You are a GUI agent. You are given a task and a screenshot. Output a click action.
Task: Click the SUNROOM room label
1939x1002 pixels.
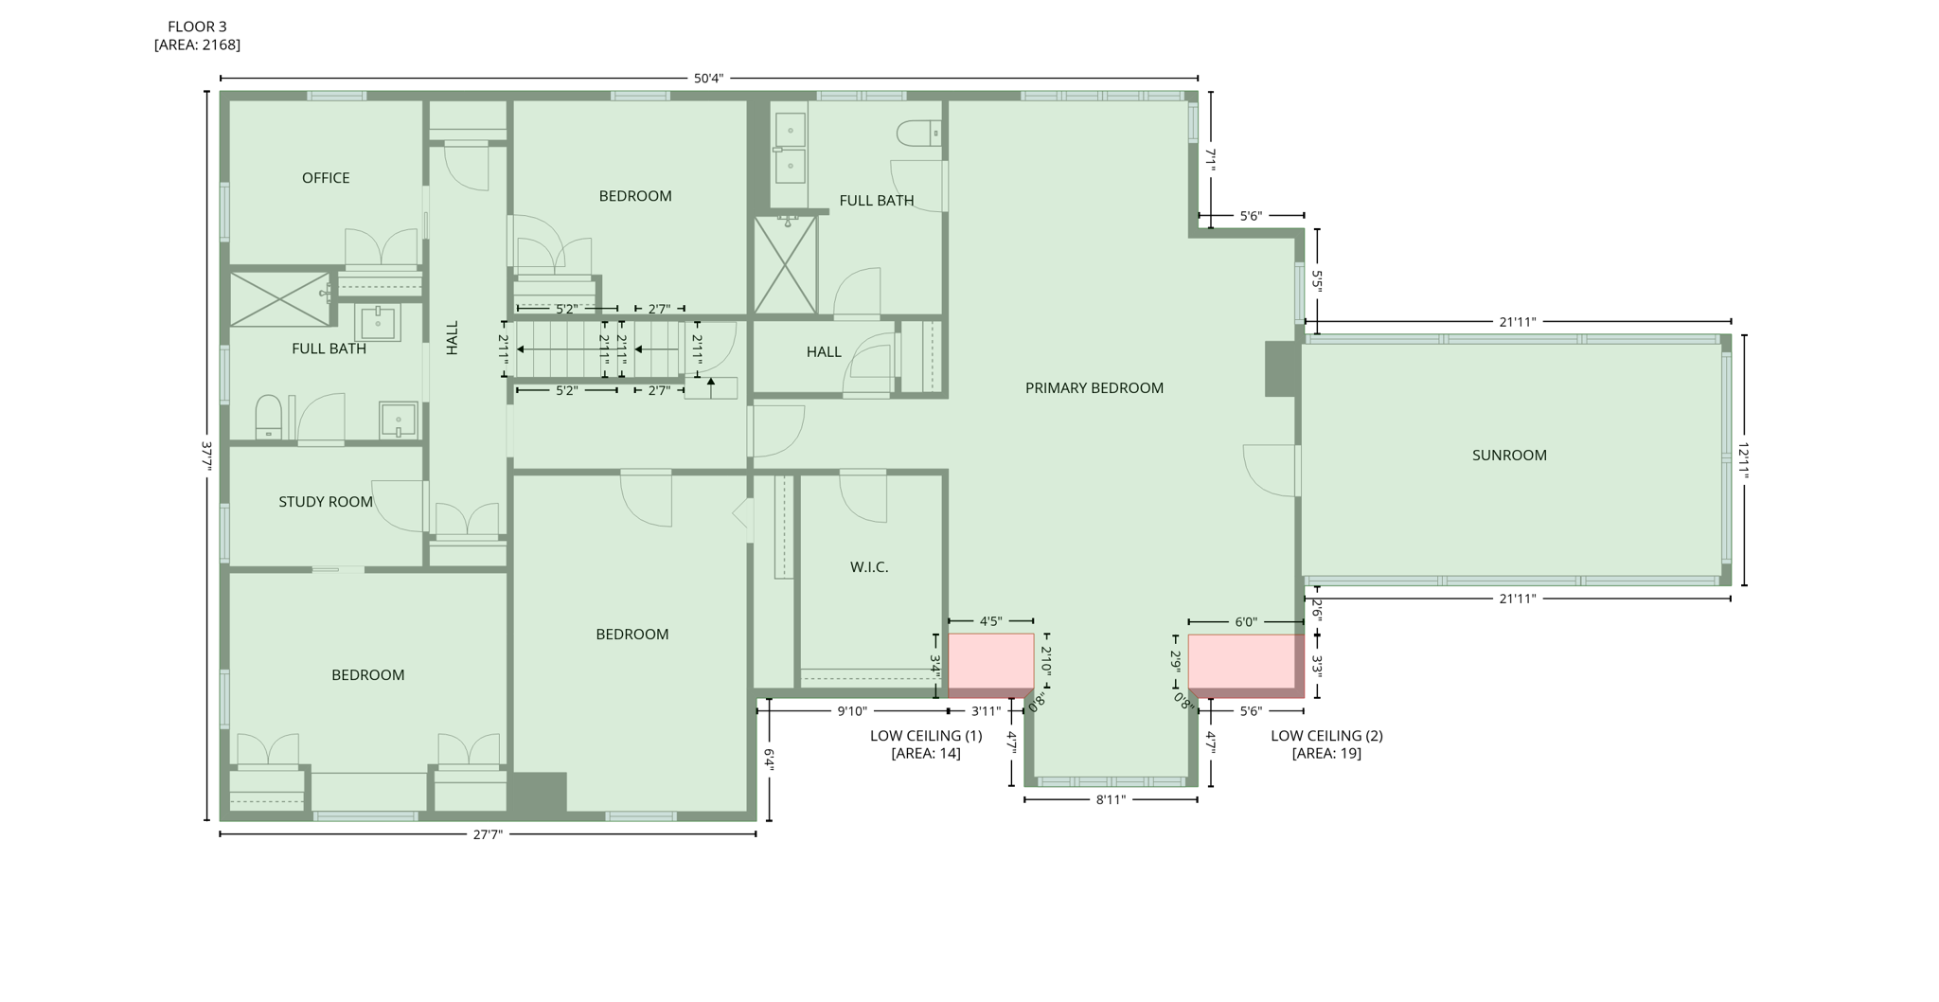[x=1508, y=456]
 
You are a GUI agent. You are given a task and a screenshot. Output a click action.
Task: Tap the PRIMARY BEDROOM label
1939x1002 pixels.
[x=1094, y=388]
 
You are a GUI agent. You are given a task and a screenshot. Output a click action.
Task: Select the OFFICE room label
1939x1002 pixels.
[x=326, y=178]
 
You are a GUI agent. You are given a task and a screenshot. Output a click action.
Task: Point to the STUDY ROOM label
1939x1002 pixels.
[x=326, y=502]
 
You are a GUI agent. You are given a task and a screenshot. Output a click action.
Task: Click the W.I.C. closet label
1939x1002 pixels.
[x=868, y=567]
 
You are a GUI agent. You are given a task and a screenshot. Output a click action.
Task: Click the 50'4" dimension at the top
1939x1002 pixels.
[x=708, y=79]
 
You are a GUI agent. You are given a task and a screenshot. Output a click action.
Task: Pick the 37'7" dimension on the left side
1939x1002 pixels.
[x=206, y=456]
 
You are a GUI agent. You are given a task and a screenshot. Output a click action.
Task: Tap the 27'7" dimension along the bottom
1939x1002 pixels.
[x=488, y=834]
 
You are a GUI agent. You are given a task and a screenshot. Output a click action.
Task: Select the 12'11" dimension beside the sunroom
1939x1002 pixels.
[x=1743, y=460]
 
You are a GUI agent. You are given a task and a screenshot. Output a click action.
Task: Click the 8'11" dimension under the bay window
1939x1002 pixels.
[x=1110, y=800]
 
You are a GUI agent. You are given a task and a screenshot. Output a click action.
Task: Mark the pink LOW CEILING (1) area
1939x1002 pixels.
[x=990, y=661]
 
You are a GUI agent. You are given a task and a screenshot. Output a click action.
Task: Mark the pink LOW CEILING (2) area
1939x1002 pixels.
[x=1244, y=662]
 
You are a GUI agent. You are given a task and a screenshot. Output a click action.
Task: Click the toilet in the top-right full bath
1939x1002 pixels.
[x=918, y=134]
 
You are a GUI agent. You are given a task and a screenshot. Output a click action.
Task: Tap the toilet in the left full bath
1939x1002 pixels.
[x=268, y=416]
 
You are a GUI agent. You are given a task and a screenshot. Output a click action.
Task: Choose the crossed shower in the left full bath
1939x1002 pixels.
[x=279, y=299]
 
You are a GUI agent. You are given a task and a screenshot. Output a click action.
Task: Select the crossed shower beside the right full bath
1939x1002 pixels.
[x=785, y=265]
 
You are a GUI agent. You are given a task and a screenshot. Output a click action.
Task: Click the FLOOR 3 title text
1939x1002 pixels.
[x=197, y=27]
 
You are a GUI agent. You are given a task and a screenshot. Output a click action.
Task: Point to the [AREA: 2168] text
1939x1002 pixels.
[x=197, y=45]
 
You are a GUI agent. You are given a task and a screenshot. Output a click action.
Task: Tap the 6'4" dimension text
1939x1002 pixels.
[x=769, y=760]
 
